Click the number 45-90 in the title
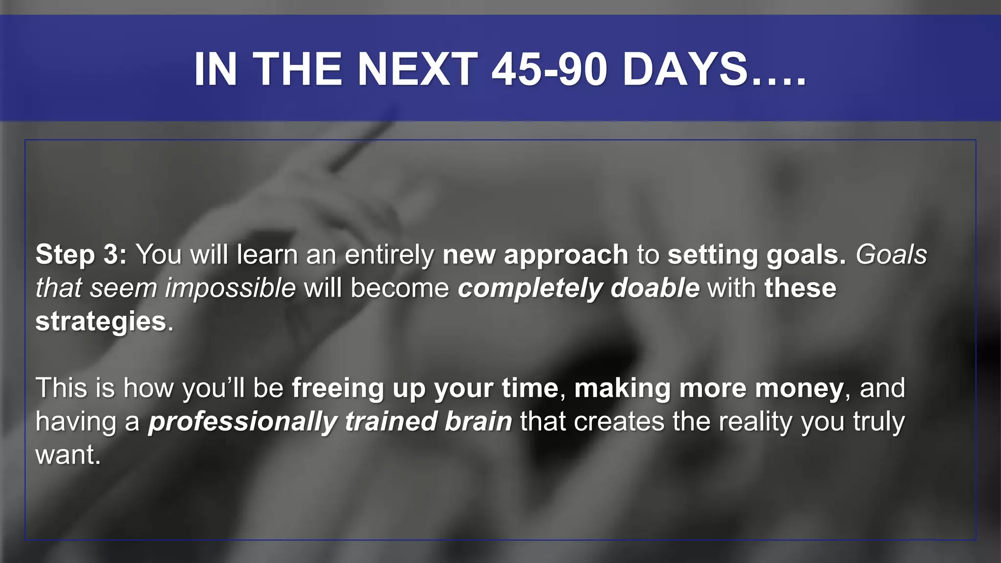(550, 69)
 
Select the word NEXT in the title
(418, 69)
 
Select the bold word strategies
(101, 322)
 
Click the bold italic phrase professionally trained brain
(330, 422)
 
